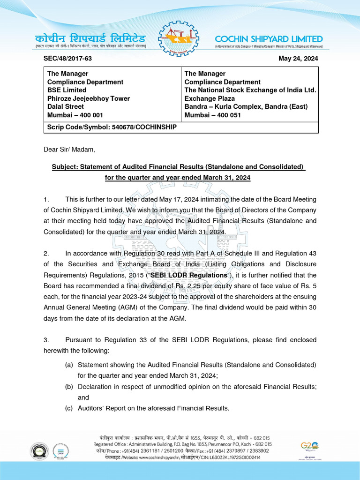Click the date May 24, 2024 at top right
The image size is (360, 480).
298,59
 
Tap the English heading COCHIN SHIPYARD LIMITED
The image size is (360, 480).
269,39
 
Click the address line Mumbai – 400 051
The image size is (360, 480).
212,115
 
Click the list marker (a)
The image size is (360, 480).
69,365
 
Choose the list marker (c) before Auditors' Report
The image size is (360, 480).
69,408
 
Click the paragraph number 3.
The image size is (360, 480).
45,340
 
